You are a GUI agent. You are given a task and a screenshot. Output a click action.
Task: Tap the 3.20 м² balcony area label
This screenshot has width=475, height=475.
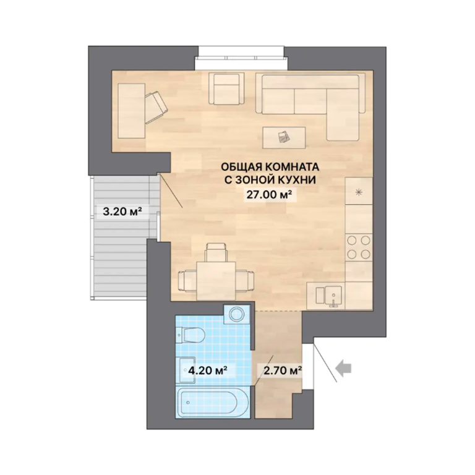pyautogui.click(x=122, y=211)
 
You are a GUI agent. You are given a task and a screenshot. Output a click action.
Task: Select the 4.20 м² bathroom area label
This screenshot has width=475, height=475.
pyautogui.click(x=208, y=370)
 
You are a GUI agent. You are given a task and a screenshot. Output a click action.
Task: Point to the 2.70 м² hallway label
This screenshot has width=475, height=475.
pyautogui.click(x=283, y=370)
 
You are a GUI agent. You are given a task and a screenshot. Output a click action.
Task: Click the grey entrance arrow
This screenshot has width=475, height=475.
pyautogui.click(x=343, y=369)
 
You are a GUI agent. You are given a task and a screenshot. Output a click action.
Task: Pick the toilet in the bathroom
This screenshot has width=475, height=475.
pyautogui.click(x=190, y=335)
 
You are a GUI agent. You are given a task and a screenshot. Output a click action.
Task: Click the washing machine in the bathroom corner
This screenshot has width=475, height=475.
pyautogui.click(x=237, y=314)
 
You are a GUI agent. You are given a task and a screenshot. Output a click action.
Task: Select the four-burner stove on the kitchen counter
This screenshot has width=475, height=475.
pyautogui.click(x=359, y=247)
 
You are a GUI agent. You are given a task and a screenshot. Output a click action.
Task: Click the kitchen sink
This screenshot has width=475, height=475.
pyautogui.click(x=328, y=296)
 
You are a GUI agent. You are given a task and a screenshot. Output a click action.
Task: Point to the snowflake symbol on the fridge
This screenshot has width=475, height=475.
pyautogui.click(x=359, y=192)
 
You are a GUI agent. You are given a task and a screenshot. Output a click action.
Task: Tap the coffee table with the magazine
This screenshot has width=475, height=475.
pyautogui.click(x=284, y=137)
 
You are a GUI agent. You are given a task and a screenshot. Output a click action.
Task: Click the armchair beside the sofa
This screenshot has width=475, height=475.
pyautogui.click(x=226, y=88)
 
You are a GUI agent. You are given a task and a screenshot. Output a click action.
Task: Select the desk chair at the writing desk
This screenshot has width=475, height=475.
pyautogui.click(x=155, y=106)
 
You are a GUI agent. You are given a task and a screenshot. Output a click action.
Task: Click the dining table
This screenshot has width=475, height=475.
pyautogui.click(x=216, y=281)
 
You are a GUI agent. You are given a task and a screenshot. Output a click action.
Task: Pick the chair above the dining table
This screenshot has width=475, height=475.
pyautogui.click(x=216, y=252)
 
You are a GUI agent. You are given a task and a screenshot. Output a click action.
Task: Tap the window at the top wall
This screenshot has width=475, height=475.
pyautogui.click(x=241, y=58)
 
